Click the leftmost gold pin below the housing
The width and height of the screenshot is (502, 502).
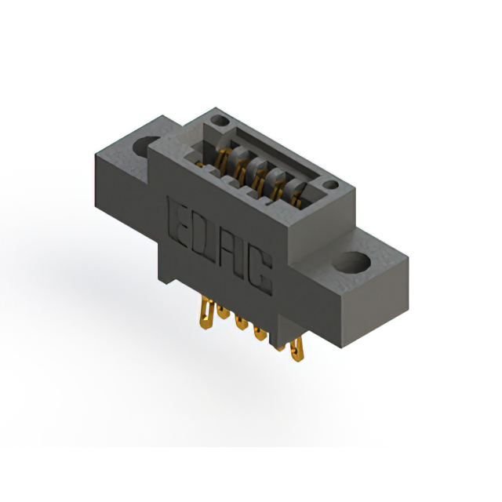pyautogui.click(x=207, y=312)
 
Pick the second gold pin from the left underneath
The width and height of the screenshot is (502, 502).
pyautogui.click(x=223, y=312)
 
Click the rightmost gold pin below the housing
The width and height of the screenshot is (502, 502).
pyautogui.click(x=296, y=351)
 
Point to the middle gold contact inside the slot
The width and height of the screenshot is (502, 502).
pyautogui.click(x=256, y=173)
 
